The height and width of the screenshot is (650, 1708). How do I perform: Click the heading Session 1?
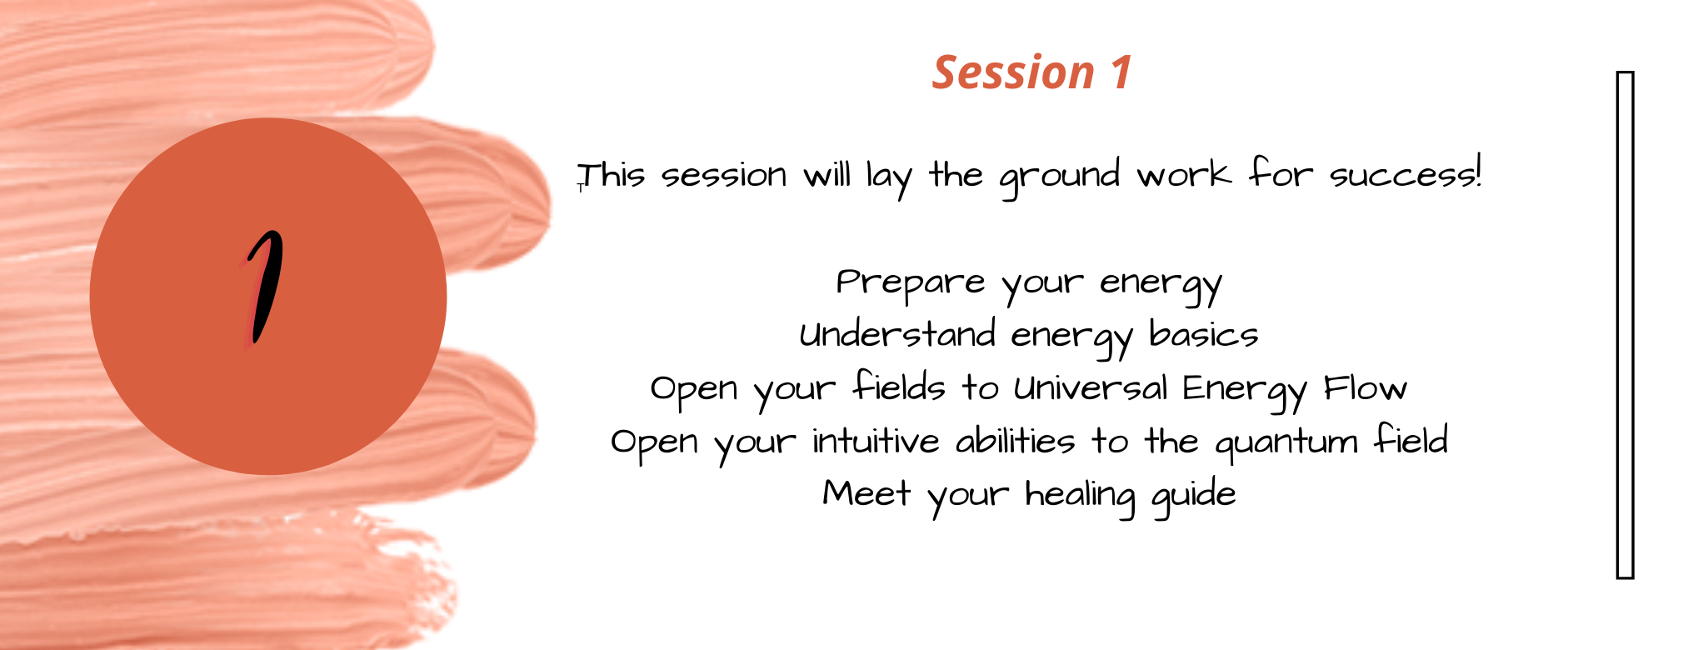pos(1031,72)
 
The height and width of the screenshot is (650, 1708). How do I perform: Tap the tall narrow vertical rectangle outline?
pos(1625,324)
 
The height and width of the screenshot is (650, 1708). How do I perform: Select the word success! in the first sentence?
pos(1406,174)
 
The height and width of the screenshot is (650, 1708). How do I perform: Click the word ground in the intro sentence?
pos(1060,177)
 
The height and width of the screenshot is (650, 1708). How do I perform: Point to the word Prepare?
pos(911,283)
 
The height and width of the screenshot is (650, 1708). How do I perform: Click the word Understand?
pos(897,334)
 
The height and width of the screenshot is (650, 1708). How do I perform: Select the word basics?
pos(1204,334)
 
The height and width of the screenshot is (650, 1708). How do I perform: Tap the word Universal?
pos(1091,387)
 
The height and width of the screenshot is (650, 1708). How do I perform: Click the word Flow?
pos(1366,387)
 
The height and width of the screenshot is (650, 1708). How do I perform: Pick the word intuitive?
pos(876,441)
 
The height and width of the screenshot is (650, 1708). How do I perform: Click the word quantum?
pos(1286,443)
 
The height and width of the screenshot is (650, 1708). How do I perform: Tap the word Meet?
pos(866,493)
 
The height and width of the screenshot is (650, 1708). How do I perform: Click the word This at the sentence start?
pos(612,175)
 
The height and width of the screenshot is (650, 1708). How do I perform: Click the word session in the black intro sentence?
pos(724,176)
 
